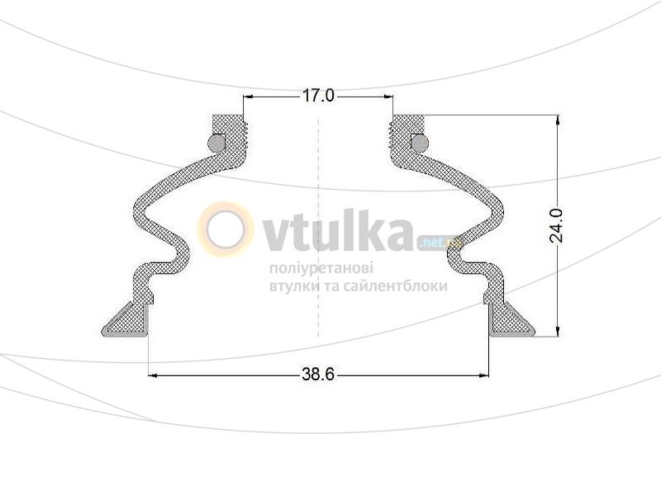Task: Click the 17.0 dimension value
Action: (x=317, y=97)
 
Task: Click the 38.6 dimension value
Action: (x=317, y=375)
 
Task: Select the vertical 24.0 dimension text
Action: (x=556, y=224)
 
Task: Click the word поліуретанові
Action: (x=321, y=269)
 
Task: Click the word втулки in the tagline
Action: (x=292, y=286)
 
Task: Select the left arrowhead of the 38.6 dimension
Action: (x=155, y=375)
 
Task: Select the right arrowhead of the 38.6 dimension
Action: (x=482, y=375)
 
